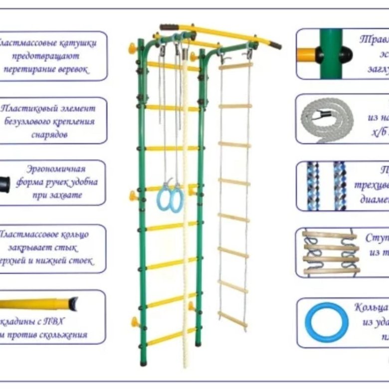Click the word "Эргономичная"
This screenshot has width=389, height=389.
point(55,169)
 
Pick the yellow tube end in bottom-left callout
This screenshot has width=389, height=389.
point(35,303)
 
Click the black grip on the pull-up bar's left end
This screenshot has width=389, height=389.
point(169,27)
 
